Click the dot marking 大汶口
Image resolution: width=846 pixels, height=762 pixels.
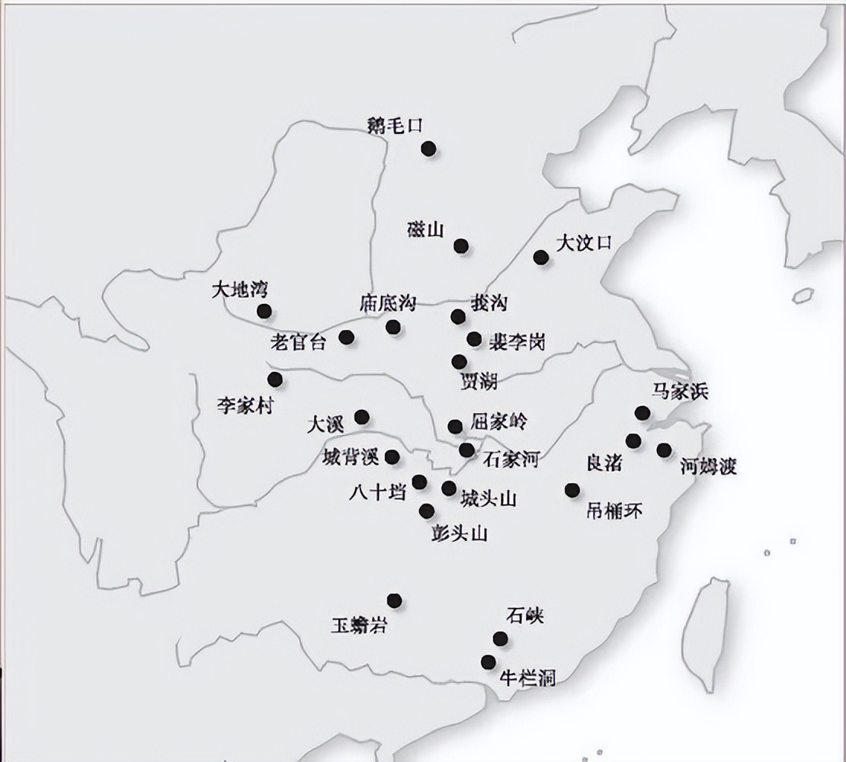pos(541,258)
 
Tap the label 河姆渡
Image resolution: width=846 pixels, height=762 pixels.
pos(708,466)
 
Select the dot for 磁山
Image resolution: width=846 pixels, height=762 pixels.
pos(461,246)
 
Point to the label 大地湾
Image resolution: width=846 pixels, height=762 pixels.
pos(240,290)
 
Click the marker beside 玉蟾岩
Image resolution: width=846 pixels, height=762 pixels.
pos(394,600)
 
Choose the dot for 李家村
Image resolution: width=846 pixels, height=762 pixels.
pos(275,379)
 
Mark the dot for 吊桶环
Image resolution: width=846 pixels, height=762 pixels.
pos(572,490)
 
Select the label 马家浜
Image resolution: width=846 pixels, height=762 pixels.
pos(680,392)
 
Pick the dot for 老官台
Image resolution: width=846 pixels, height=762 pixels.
pos(347,337)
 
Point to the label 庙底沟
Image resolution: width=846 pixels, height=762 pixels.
pos(388,303)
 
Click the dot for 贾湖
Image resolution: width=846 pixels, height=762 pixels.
pos(459,362)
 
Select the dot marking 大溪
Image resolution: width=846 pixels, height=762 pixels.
pos(362,417)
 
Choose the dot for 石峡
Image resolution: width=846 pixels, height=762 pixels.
pos(500,639)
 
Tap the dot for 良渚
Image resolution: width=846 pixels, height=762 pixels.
pos(633,440)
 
